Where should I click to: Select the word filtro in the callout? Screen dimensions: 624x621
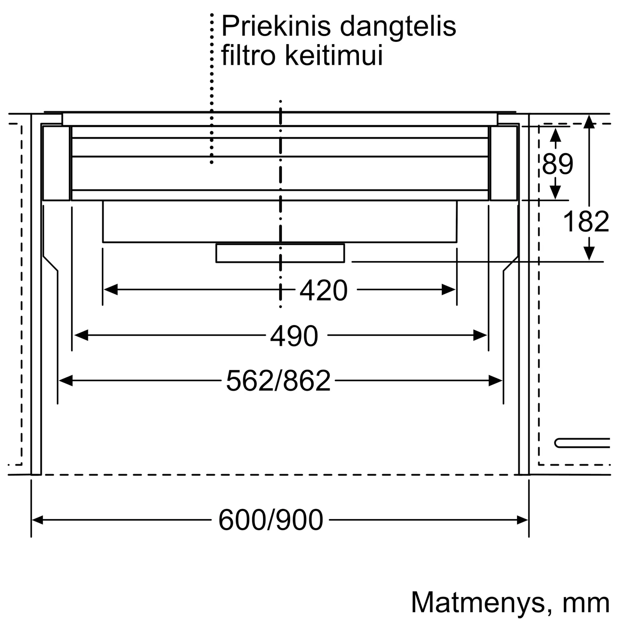coord(248,55)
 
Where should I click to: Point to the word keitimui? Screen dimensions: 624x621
coord(334,55)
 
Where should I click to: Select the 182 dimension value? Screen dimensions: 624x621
coord(585,222)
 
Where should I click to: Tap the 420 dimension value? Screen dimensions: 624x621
coord(323,290)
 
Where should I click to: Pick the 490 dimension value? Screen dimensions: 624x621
coord(294,336)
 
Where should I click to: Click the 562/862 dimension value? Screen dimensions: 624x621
coord(278,381)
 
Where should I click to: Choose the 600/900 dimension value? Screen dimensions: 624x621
coord(271,520)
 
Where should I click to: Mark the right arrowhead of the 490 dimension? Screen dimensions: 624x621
coord(480,335)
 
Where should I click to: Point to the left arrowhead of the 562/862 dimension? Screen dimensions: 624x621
coord(66,380)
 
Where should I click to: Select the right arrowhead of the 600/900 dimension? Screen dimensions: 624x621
coord(522,520)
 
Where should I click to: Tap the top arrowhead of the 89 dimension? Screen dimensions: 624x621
coord(555,135)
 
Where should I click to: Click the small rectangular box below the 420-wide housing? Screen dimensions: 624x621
coord(280,253)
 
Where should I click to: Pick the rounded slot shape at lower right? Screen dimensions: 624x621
coord(582,443)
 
